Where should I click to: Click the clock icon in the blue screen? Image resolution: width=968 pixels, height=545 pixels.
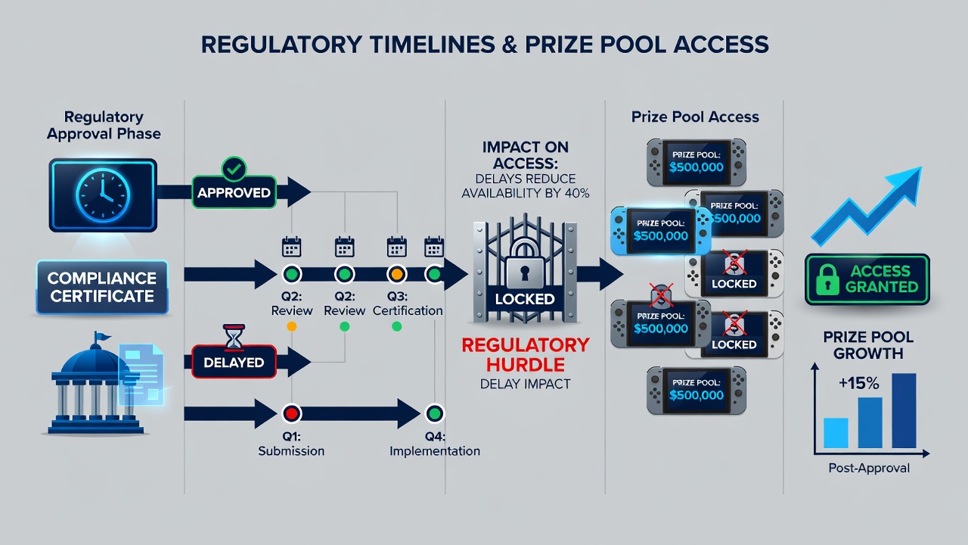click(103, 195)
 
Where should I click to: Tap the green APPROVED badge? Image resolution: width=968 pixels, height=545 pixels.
click(234, 192)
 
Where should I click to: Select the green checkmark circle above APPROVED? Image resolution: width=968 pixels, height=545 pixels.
click(234, 169)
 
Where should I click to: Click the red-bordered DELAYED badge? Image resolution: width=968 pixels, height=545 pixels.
click(234, 362)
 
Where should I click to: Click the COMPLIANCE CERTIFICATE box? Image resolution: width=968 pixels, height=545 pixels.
click(102, 287)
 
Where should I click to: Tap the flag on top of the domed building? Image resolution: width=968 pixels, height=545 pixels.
click(101, 336)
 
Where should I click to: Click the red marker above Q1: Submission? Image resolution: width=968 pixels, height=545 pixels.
click(291, 413)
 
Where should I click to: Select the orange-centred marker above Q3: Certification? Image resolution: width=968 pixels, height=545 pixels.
click(397, 274)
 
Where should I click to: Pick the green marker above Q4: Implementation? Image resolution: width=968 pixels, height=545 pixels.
click(434, 413)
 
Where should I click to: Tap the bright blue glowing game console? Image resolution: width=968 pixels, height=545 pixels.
click(660, 231)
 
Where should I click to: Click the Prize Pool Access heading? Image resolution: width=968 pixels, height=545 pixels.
click(695, 117)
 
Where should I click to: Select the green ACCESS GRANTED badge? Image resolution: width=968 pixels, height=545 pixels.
click(867, 279)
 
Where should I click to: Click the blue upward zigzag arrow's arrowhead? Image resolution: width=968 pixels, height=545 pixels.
click(907, 183)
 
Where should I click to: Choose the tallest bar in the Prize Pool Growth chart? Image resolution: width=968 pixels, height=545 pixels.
click(904, 410)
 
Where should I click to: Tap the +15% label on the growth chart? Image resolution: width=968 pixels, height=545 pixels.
click(858, 383)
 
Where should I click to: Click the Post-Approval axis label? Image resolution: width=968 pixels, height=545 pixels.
click(869, 468)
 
